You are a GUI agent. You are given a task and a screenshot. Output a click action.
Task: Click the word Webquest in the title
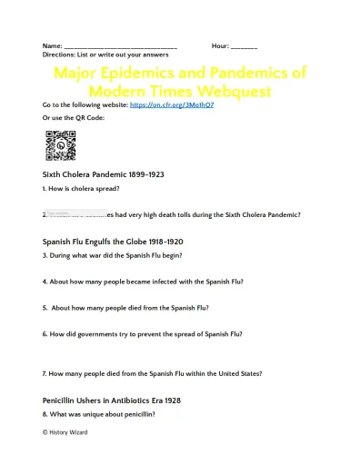231,91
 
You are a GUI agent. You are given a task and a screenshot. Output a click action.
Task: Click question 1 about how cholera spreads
81,189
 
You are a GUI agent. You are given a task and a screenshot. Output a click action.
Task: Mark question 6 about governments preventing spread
143,334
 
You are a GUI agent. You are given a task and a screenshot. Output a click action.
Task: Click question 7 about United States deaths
152,374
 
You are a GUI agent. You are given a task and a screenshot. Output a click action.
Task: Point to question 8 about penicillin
98,414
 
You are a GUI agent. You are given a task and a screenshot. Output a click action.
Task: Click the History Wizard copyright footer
65,432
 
